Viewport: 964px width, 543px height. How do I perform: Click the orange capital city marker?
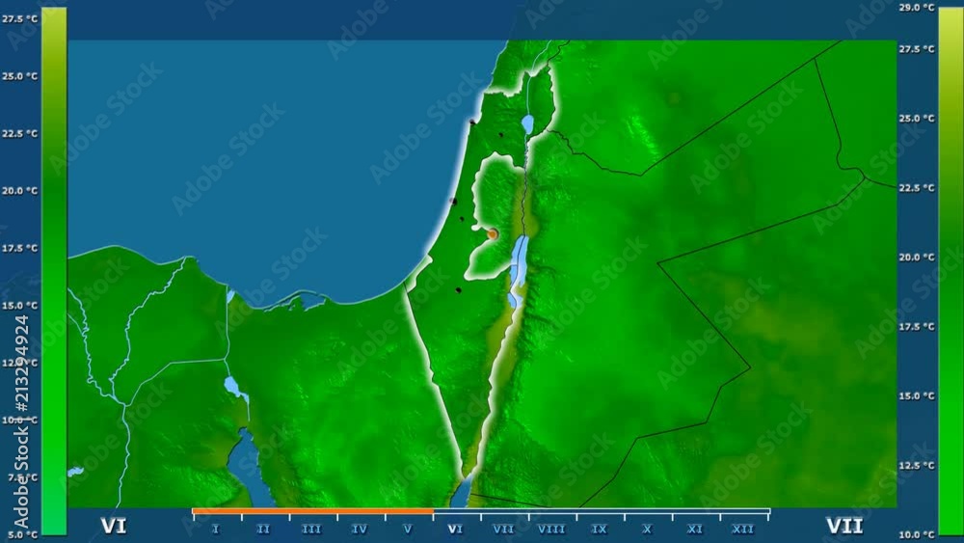tap(493, 233)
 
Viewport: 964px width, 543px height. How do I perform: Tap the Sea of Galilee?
tap(527, 123)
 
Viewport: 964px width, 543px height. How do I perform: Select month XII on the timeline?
tap(743, 529)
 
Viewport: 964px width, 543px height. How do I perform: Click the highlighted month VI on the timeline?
tap(456, 529)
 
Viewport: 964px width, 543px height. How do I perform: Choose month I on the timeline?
tap(215, 529)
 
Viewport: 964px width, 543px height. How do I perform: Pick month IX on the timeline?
tap(600, 529)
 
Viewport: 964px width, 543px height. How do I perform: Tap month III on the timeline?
tap(311, 529)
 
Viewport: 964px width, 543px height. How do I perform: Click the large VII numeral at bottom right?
tap(844, 527)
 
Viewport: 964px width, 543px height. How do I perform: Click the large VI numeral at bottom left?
tap(114, 527)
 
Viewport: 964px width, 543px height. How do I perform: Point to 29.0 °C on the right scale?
tap(917, 8)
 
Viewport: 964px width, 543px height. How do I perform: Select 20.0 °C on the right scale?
tap(917, 258)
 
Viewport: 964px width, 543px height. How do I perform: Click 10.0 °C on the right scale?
tap(917, 533)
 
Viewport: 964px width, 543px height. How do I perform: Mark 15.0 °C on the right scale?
tap(917, 395)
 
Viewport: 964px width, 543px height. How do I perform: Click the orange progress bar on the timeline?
tap(312, 511)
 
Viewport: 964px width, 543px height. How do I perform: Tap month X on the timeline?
tap(648, 529)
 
